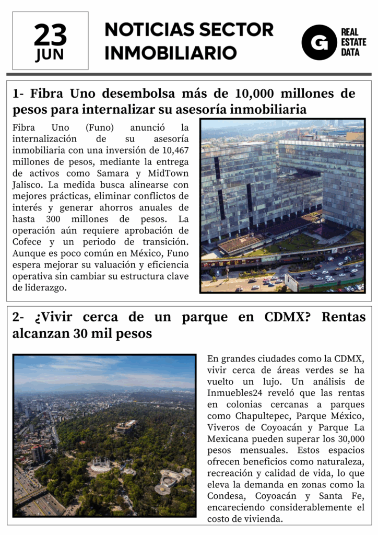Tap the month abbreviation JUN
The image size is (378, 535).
pos(50,55)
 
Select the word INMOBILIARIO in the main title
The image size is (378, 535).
pos(170,53)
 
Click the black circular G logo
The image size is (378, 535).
pos(318,42)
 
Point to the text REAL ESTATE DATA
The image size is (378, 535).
pos(353,42)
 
